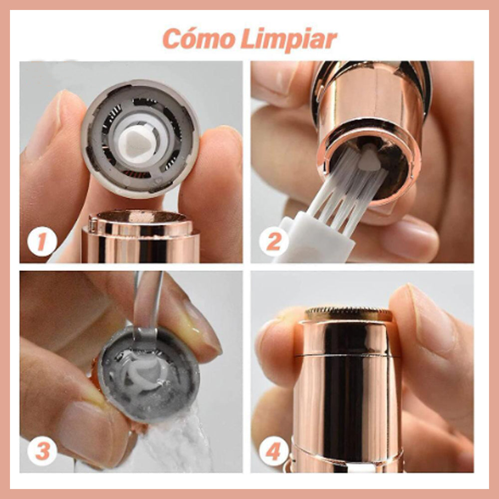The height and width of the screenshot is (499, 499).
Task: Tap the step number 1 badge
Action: (42, 242)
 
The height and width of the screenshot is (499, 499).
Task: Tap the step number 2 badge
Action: (273, 242)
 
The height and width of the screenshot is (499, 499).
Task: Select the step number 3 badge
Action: (42, 451)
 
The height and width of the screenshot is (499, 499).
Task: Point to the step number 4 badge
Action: (273, 451)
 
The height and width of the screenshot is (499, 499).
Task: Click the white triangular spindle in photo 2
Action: (369, 157)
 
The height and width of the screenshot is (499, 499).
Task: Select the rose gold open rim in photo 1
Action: (141, 219)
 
